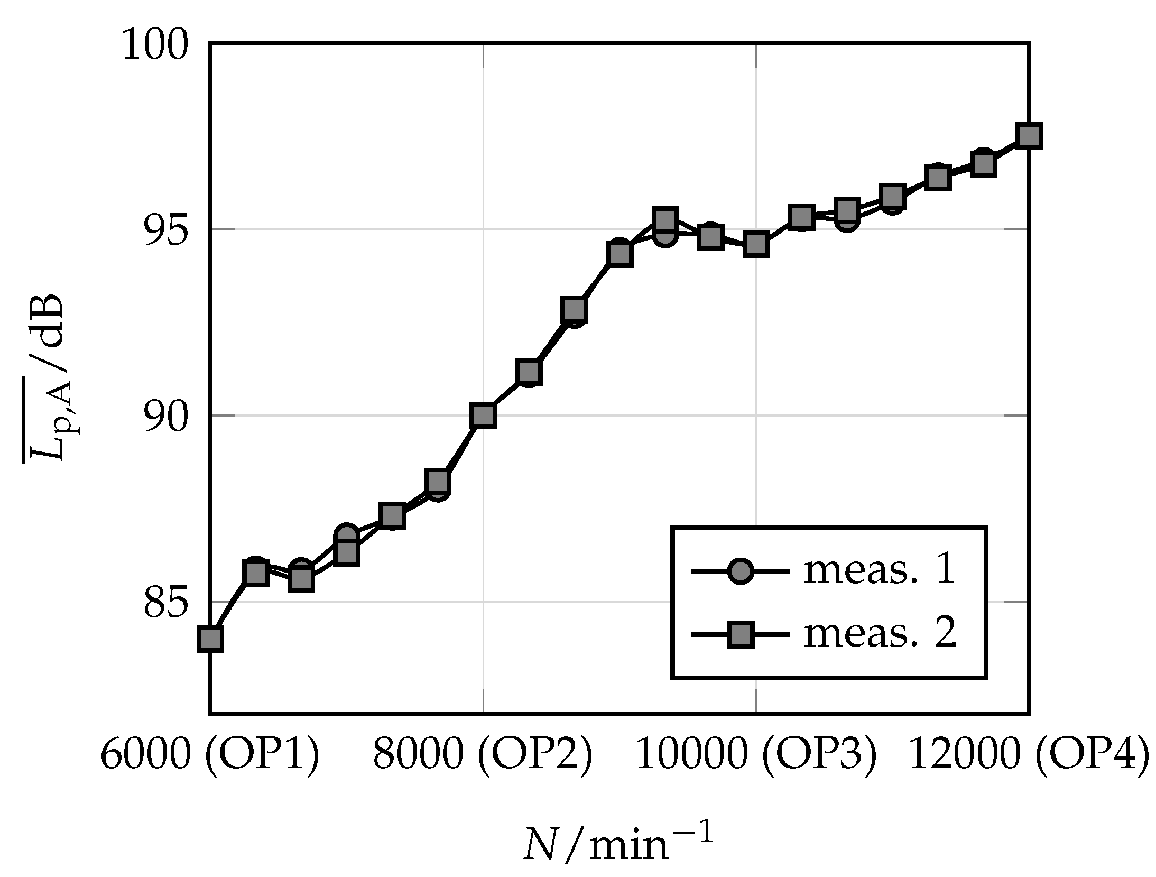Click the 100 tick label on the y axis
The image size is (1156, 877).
pyautogui.click(x=155, y=45)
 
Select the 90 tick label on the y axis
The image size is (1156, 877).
pyautogui.click(x=165, y=416)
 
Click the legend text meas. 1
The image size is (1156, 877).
pyautogui.click(x=880, y=570)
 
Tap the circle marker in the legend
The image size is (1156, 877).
pyautogui.click(x=740, y=571)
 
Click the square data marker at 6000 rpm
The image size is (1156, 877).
pyautogui.click(x=210, y=639)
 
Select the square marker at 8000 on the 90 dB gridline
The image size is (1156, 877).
pyautogui.click(x=484, y=416)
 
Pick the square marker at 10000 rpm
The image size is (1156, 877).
pyautogui.click(x=756, y=244)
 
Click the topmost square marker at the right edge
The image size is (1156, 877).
pyautogui.click(x=1029, y=136)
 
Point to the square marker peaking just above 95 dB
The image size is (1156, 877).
pyautogui.click(x=665, y=218)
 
